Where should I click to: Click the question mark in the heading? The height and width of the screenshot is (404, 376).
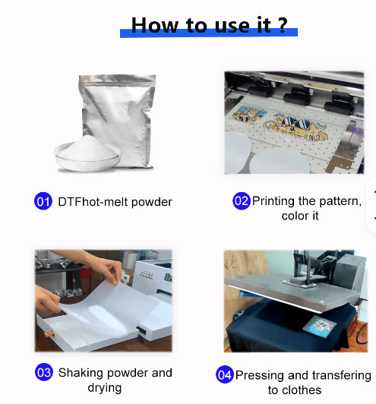pyautogui.click(x=283, y=25)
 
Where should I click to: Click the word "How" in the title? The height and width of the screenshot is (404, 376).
pyautogui.click(x=155, y=25)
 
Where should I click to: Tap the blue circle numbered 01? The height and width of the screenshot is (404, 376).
pyautogui.click(x=43, y=201)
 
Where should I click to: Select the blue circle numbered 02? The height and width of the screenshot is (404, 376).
pyautogui.click(x=242, y=200)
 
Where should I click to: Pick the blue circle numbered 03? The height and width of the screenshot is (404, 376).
pyautogui.click(x=44, y=372)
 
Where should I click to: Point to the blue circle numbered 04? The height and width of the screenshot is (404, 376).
pyautogui.click(x=225, y=374)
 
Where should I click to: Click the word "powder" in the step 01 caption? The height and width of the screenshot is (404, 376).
pyautogui.click(x=151, y=202)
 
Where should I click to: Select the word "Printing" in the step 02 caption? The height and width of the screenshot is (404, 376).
pyautogui.click(x=273, y=200)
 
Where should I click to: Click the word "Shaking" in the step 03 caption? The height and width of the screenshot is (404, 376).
pyautogui.click(x=81, y=373)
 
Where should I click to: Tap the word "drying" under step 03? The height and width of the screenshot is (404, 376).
pyautogui.click(x=104, y=388)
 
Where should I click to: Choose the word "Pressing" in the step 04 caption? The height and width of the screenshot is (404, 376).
pyautogui.click(x=260, y=375)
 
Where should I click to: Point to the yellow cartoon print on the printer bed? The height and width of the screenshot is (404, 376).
pyautogui.click(x=295, y=128)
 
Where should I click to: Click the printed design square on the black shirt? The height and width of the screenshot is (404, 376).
pyautogui.click(x=320, y=327)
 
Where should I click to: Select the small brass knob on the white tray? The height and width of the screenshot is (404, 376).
pyautogui.click(x=49, y=334)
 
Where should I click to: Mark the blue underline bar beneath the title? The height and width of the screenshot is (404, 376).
pyautogui.click(x=209, y=33)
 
